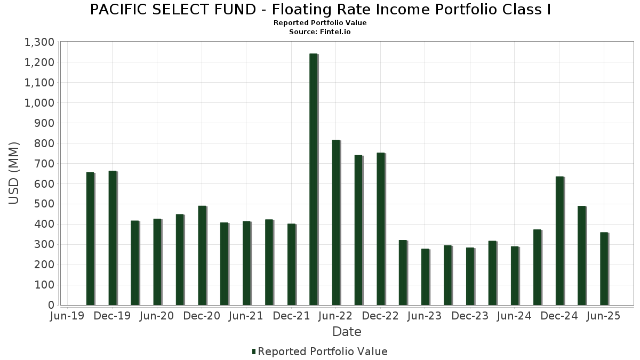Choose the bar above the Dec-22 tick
point(381,229)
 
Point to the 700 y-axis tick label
point(45,164)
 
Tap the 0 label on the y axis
point(51,305)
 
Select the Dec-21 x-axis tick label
point(291,316)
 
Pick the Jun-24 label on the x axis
point(514,316)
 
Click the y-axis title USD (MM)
point(14,173)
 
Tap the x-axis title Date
point(347,332)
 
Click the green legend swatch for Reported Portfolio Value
point(254,351)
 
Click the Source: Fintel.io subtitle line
point(320,31)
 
